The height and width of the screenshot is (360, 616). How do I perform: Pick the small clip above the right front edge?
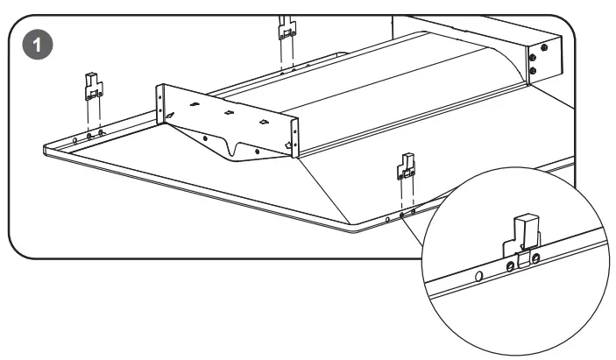pyautogui.click(x=406, y=165)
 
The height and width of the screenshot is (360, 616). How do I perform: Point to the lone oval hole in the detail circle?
pyautogui.click(x=478, y=274)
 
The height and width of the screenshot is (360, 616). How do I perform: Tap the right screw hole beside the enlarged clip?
pyautogui.click(x=535, y=258)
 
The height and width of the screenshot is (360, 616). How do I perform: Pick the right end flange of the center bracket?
pyautogui.click(x=294, y=138)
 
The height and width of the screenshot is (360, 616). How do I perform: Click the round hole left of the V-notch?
pyautogui.click(x=205, y=138)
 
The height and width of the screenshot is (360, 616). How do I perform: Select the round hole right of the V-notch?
pyautogui.click(x=256, y=151)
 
